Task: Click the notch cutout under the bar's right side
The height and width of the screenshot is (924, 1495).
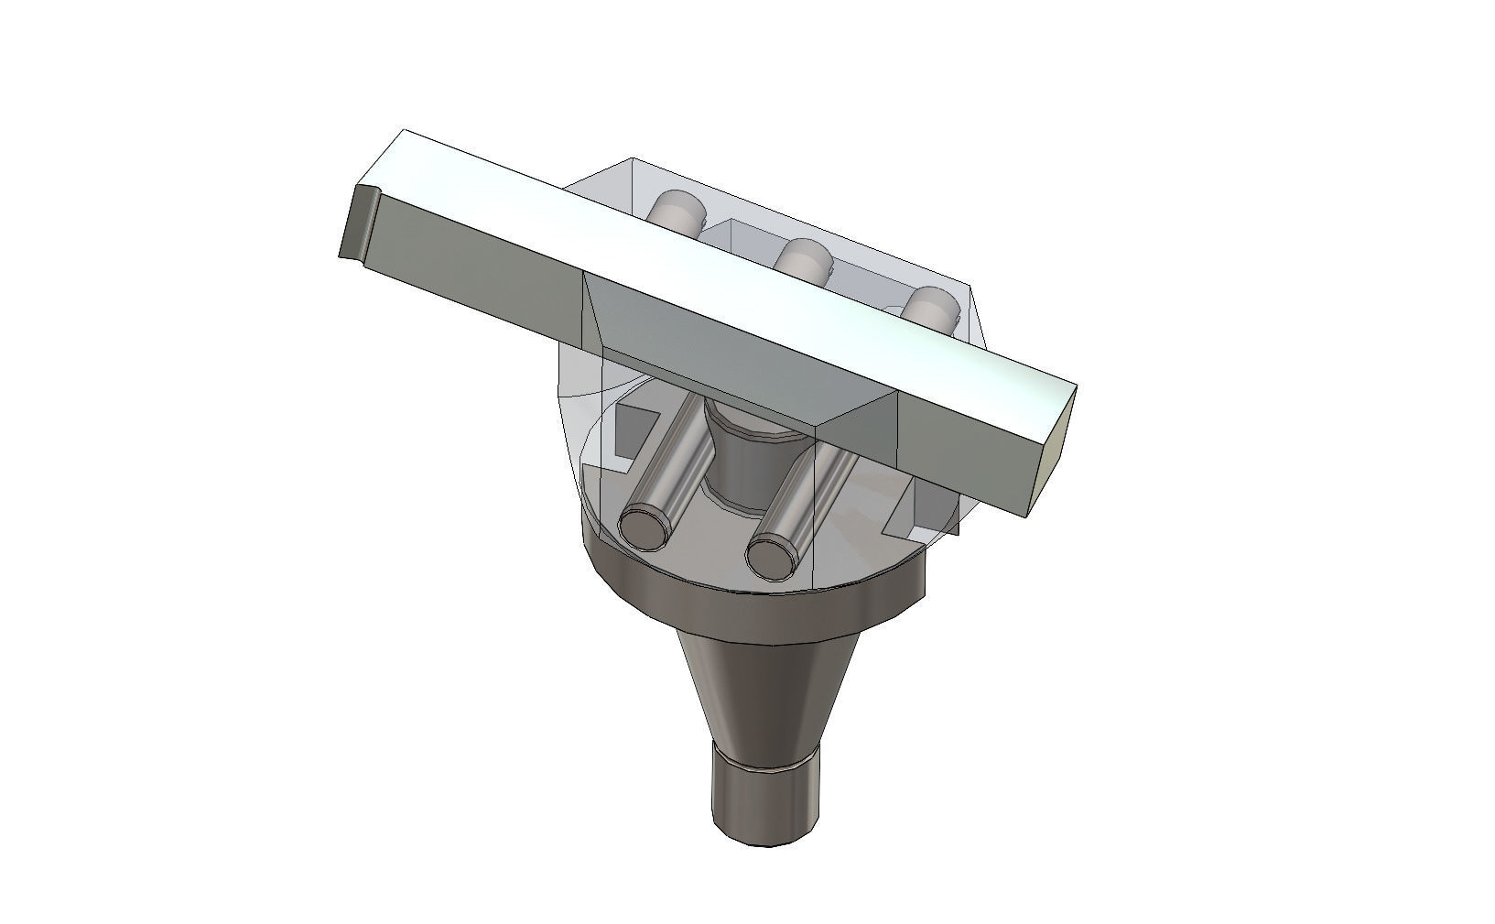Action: (920, 509)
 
